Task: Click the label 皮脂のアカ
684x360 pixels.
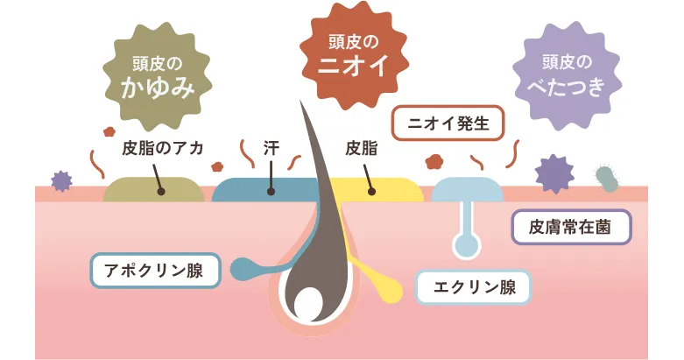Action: [163, 147]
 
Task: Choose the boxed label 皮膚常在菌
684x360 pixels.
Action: [570, 227]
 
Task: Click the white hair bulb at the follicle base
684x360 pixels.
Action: [307, 304]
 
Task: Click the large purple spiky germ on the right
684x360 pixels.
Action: [554, 173]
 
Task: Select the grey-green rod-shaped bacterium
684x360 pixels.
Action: [606, 177]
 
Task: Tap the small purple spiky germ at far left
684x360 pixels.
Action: [60, 180]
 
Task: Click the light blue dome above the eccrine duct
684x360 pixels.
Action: [468, 189]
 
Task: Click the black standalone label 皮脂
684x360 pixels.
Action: [361, 147]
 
